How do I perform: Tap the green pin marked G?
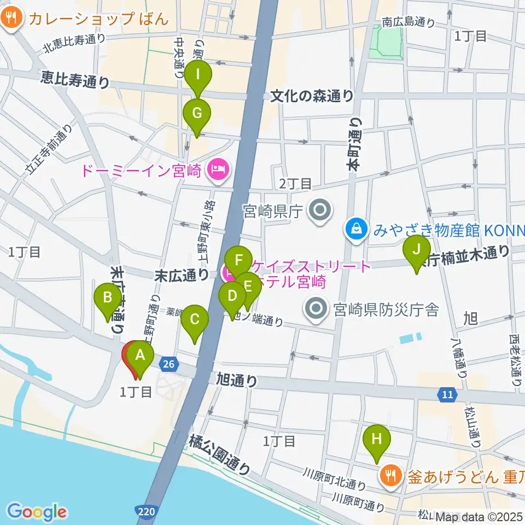pyautogui.click(x=197, y=114)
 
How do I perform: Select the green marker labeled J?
pyautogui.click(x=416, y=250)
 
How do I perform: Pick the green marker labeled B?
pyautogui.click(x=108, y=299)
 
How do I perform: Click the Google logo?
pyautogui.click(x=37, y=511)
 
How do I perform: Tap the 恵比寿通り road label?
pyautogui.click(x=75, y=81)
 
